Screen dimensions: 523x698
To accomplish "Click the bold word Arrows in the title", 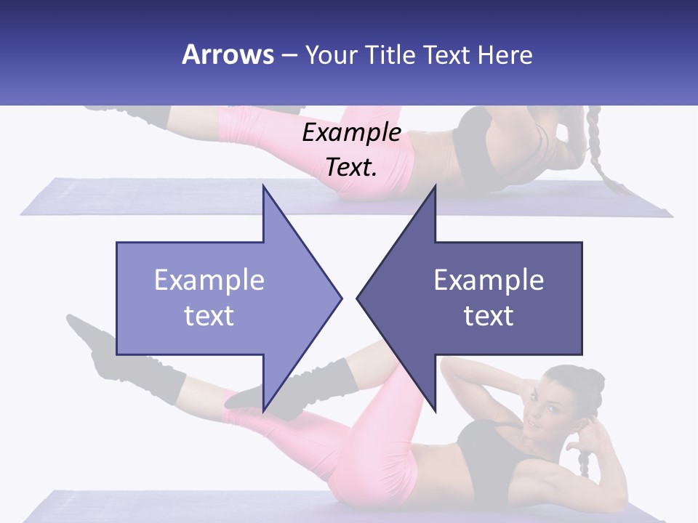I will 228,54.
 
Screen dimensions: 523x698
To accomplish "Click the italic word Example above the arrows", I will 351,133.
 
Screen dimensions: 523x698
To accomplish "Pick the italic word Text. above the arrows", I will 351,167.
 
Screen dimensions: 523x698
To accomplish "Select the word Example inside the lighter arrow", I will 209,280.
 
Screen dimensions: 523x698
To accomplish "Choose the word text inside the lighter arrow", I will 209,316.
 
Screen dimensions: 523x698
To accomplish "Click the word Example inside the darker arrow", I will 489,280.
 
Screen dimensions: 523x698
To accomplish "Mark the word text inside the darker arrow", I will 489,316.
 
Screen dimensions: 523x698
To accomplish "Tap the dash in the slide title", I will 289,55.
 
